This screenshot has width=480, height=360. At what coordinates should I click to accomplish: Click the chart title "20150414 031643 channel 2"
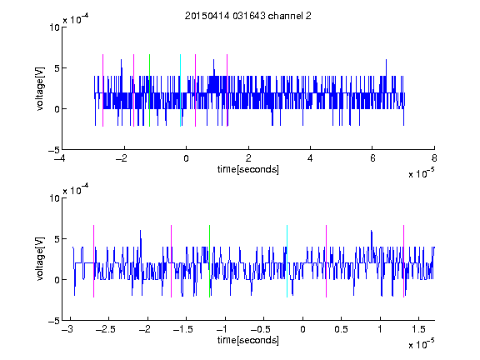(x=248, y=16)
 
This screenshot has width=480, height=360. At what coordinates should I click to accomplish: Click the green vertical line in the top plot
(x=149, y=90)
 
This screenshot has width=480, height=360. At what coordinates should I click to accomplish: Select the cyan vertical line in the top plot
(x=180, y=90)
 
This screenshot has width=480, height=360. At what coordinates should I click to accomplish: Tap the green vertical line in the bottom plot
(x=210, y=261)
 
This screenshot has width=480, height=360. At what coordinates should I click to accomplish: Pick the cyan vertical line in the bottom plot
(x=287, y=261)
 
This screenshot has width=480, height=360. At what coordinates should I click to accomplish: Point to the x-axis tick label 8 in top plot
(x=434, y=158)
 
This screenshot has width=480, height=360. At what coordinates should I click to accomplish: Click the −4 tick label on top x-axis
(x=60, y=158)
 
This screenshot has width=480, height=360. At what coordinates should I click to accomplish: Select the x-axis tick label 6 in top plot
(x=372, y=158)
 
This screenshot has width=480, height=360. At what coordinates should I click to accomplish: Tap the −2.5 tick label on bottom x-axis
(x=106, y=329)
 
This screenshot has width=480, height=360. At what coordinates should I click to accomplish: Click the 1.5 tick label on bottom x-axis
(x=418, y=329)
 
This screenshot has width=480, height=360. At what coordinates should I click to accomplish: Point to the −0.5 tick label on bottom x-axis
(x=261, y=329)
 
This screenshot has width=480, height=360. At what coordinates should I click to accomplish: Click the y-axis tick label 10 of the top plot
(x=54, y=27)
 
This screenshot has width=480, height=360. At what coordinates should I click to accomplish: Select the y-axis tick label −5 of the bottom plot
(x=54, y=321)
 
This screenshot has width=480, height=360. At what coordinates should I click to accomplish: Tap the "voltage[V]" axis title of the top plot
(x=40, y=88)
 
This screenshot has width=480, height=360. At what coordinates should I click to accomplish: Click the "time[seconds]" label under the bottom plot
(x=248, y=340)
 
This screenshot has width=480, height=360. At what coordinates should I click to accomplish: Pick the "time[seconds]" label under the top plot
(x=248, y=169)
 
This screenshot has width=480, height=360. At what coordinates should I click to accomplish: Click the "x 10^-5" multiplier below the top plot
(x=422, y=173)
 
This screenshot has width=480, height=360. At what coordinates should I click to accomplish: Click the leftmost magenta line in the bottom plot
(x=93, y=261)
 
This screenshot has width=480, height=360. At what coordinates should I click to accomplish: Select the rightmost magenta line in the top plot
(x=227, y=90)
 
